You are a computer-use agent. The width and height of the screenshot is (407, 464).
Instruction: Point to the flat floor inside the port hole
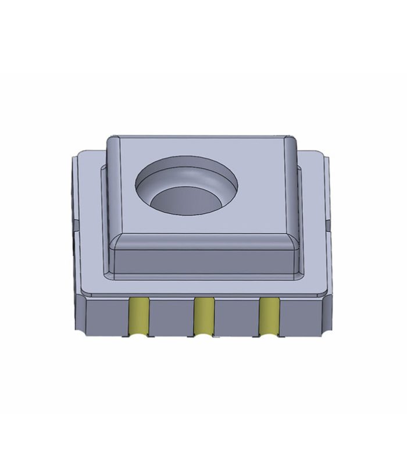(x=185, y=202)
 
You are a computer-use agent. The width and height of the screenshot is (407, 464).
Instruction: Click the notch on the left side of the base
(x=75, y=224)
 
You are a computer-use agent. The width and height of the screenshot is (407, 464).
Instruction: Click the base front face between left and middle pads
(x=171, y=317)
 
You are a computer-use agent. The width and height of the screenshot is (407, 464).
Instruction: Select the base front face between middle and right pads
(x=236, y=317)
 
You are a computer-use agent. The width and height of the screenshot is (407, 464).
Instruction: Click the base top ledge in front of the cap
(x=203, y=287)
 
